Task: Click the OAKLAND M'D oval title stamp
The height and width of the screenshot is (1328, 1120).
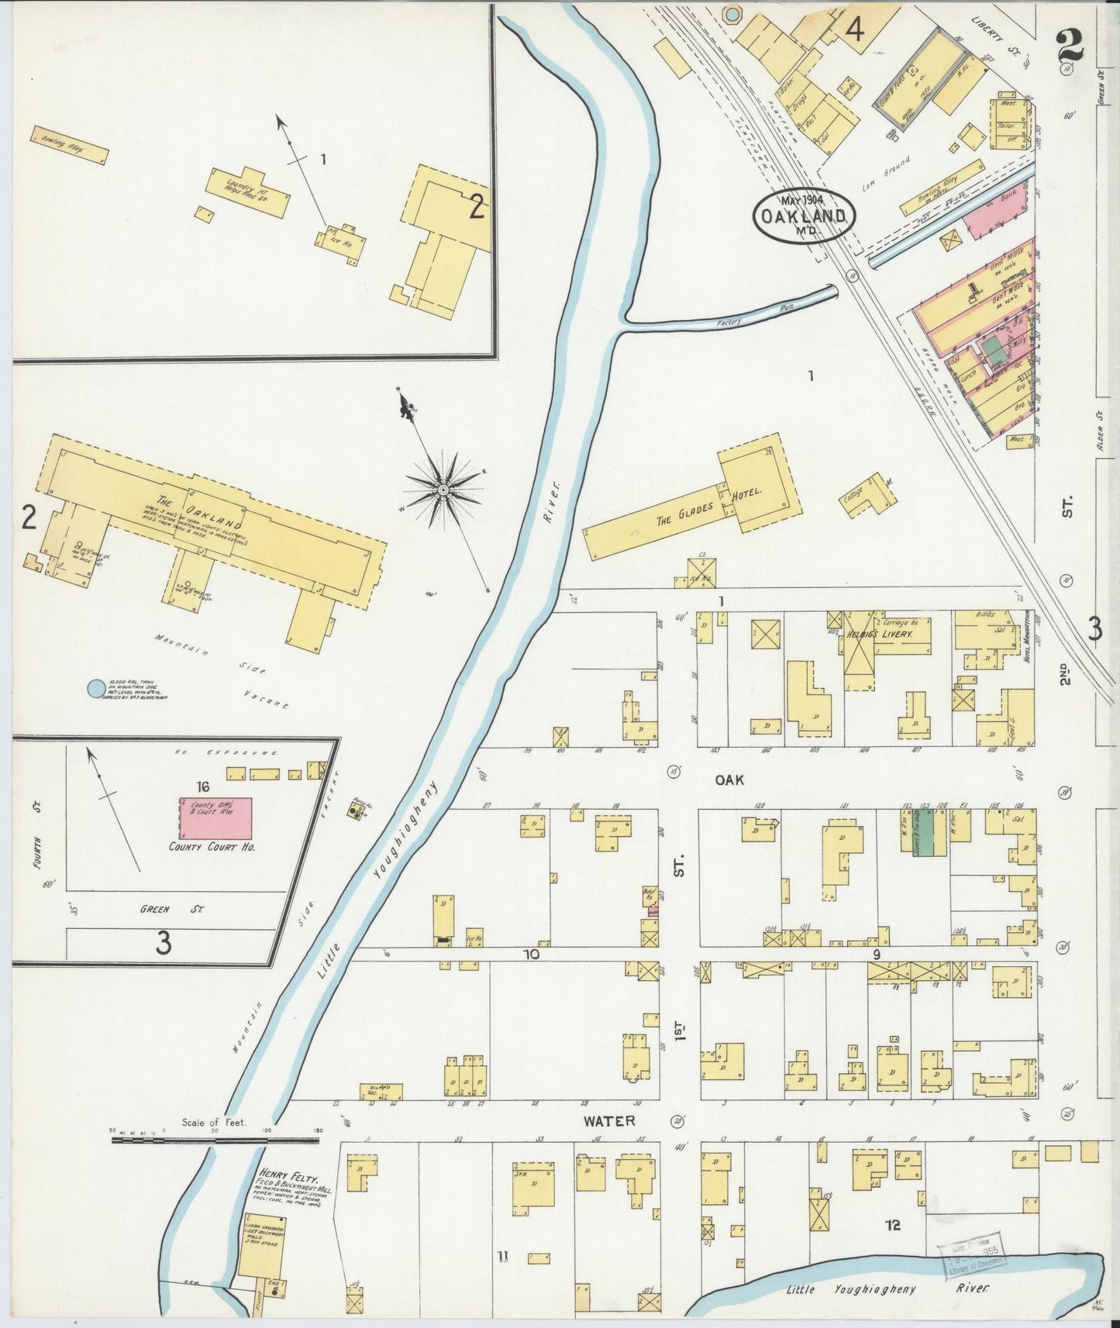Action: [x=805, y=215]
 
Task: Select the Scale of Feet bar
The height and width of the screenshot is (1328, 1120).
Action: [x=217, y=1140]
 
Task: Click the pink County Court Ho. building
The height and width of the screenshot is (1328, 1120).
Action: [x=215, y=817]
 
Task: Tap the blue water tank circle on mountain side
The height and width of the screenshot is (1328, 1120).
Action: [x=95, y=688]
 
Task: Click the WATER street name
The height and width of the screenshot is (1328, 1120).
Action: [x=609, y=1120]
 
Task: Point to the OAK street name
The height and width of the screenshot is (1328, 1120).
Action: [x=729, y=780]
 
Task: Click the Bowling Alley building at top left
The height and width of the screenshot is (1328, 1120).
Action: [x=69, y=146]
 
